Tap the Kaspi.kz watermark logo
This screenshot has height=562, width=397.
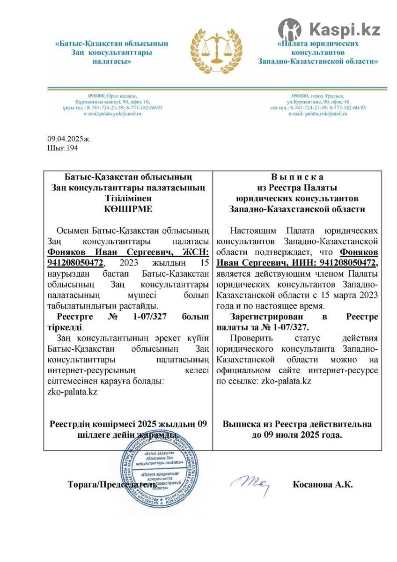point(329,29)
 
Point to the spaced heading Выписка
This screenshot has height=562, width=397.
point(297,177)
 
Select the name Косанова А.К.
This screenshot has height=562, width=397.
point(323,485)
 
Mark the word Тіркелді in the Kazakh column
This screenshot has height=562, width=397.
point(65,327)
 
